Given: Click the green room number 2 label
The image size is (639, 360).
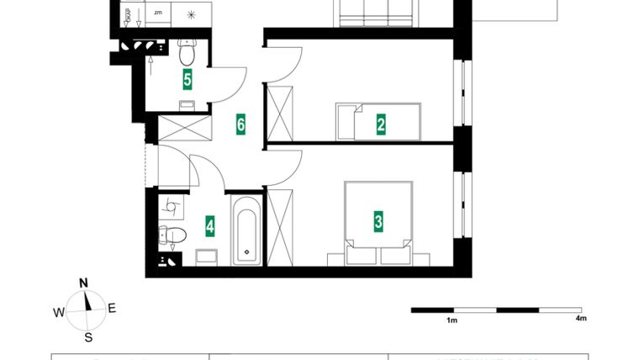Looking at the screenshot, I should click(x=381, y=125).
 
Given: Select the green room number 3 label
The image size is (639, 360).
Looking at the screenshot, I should click(x=378, y=222).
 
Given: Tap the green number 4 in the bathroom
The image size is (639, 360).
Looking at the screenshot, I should click(x=210, y=225).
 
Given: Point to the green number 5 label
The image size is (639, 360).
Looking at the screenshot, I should click(x=187, y=80).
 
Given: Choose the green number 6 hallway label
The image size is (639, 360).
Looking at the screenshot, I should click(x=240, y=125).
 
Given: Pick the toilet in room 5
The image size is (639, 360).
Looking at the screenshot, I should click(x=187, y=53).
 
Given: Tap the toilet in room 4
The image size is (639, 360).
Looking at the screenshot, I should click(x=169, y=235).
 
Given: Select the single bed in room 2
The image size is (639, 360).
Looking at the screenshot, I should click(x=378, y=122).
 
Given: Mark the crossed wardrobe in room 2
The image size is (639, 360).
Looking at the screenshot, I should click(x=280, y=113).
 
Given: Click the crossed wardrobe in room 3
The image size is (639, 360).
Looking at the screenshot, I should click(x=280, y=228).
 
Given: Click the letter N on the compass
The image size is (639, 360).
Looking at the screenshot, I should click(x=83, y=283).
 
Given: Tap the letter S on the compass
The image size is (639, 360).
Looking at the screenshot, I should click(x=87, y=338).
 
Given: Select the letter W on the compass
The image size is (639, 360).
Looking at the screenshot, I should click(x=58, y=312).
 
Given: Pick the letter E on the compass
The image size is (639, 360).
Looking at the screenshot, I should click(x=112, y=308).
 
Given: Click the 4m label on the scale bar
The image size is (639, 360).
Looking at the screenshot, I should click(x=581, y=320).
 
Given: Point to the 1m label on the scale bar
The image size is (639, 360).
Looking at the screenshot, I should click(x=452, y=320).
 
